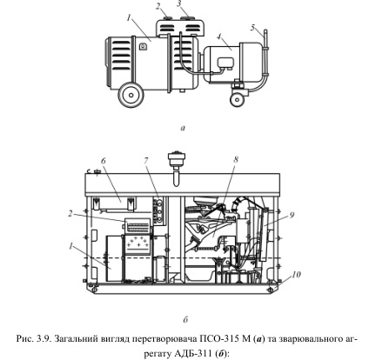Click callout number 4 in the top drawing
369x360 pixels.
(x=219, y=37)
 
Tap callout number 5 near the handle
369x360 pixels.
(x=252, y=28)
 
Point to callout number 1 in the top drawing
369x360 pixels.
(x=129, y=18)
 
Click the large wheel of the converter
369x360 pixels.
(x=131, y=95)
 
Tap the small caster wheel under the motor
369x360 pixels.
(x=238, y=99)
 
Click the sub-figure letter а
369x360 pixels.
(x=183, y=128)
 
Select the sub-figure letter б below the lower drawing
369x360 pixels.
(x=185, y=319)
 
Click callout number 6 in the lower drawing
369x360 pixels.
(x=104, y=161)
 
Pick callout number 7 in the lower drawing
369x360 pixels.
(x=145, y=160)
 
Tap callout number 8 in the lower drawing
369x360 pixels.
(x=236, y=159)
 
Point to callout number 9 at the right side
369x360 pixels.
(x=292, y=215)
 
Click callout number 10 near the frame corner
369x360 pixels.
(x=296, y=274)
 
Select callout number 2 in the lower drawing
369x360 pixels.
(x=70, y=213)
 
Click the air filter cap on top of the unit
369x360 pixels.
(x=177, y=159)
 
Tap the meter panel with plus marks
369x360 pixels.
(x=138, y=245)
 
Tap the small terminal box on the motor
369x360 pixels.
(x=225, y=63)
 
